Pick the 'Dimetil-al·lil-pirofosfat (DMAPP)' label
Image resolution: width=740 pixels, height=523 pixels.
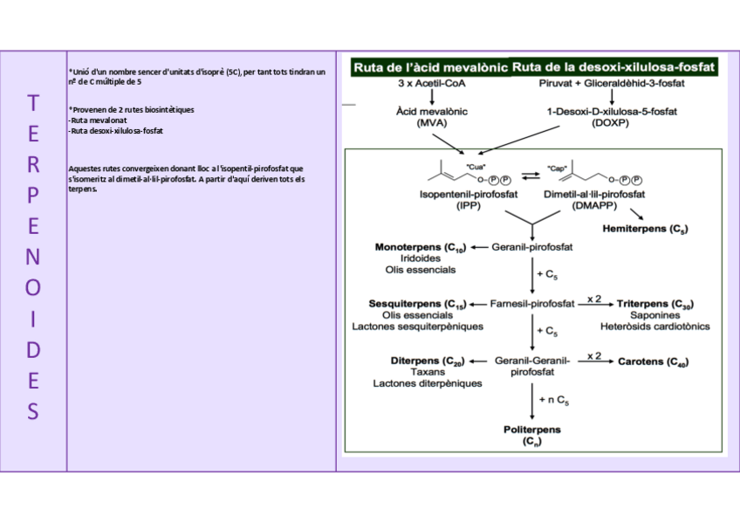[594, 199]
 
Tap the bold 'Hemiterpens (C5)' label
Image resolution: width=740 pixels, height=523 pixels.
[645, 229]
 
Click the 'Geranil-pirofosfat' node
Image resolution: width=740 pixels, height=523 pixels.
[531, 247]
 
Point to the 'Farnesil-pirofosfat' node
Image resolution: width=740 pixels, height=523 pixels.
[531, 304]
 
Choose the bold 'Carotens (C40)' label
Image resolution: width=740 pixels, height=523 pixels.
[654, 361]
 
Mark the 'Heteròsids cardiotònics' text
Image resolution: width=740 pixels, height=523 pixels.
[654, 327]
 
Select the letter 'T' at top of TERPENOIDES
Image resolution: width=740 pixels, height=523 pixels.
[32, 103]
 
